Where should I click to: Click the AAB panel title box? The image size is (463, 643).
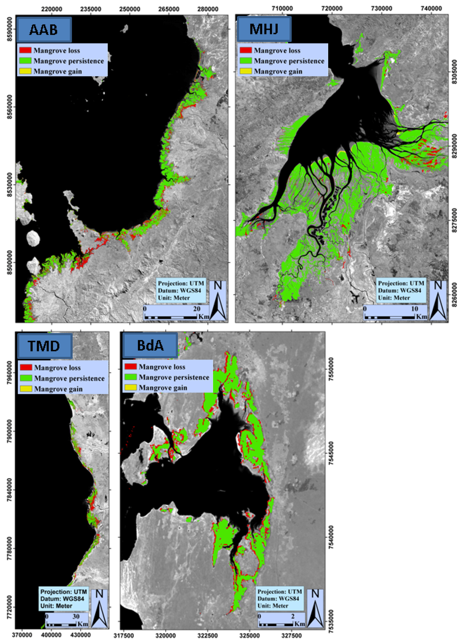pyautogui.click(x=44, y=30)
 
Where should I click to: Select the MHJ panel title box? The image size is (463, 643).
pyautogui.click(x=264, y=29)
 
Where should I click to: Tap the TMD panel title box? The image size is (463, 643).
pyautogui.click(x=44, y=346)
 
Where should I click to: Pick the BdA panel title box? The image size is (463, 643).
pyautogui.click(x=150, y=345)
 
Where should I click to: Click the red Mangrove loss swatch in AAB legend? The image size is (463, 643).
pyautogui.click(x=25, y=50)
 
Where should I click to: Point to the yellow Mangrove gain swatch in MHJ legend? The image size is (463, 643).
pyautogui.click(x=246, y=71)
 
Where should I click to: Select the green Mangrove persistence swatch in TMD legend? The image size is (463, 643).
pyautogui.click(x=26, y=378)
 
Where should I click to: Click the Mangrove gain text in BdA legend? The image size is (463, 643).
pyautogui.click(x=162, y=387)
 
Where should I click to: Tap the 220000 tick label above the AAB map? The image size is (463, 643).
pyautogui.click(x=52, y=9)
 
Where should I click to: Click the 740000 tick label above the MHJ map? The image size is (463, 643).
pyautogui.click(x=431, y=9)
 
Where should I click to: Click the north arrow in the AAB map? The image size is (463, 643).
pyautogui.click(x=217, y=300)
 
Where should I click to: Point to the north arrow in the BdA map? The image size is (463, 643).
pyautogui.click(x=315, y=607)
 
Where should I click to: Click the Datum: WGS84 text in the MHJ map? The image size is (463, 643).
pyautogui.click(x=399, y=290)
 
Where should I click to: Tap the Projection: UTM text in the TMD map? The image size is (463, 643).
pyautogui.click(x=62, y=592)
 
